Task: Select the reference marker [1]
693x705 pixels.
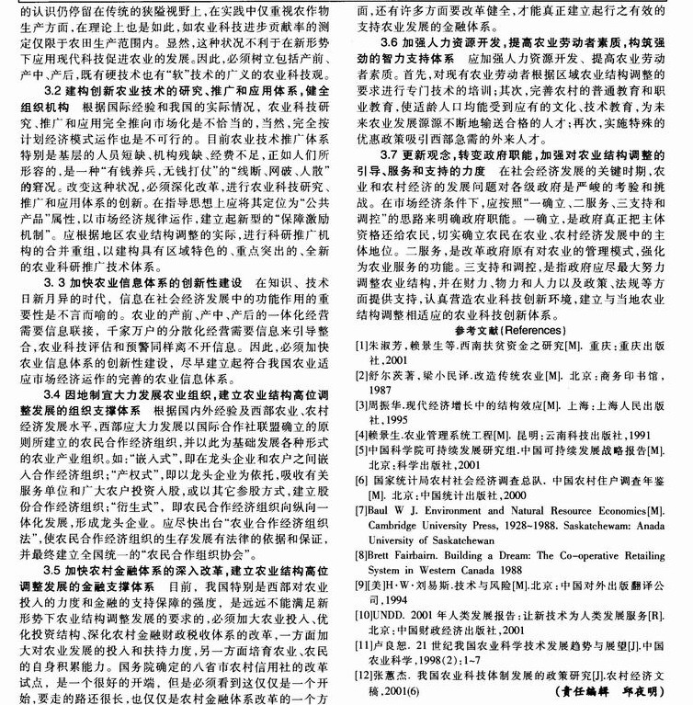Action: tap(365, 344)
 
